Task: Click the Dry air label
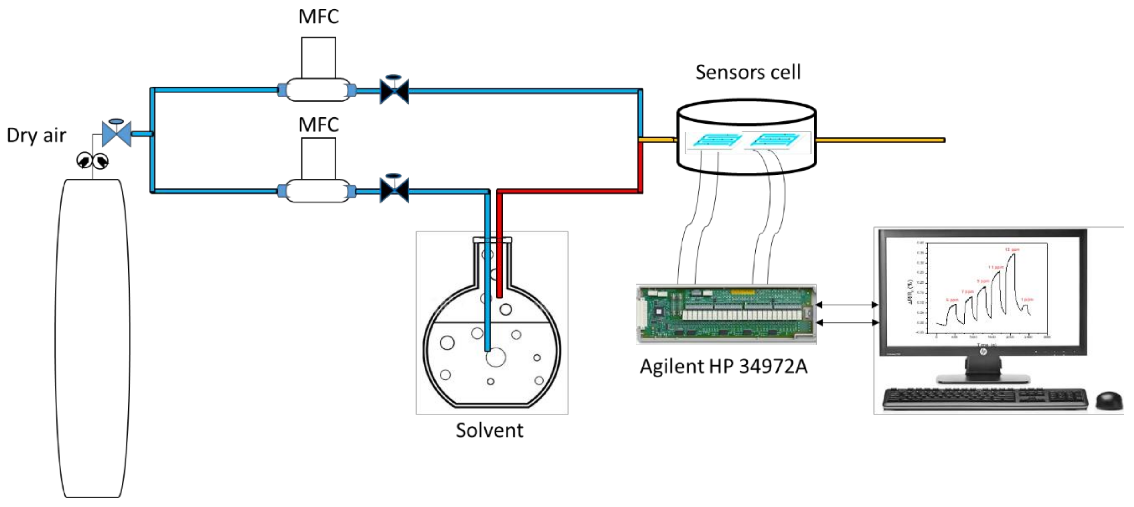(37, 135)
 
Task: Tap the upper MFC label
(318, 17)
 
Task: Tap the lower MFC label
(318, 125)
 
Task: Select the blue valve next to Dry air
(116, 133)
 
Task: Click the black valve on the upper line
(394, 91)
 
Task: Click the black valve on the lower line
(394, 190)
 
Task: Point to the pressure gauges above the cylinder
(92, 161)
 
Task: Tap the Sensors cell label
(748, 72)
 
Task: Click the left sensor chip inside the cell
(716, 140)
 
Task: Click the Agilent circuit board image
(726, 314)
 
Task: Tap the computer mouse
(1109, 400)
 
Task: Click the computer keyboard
(984, 399)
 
